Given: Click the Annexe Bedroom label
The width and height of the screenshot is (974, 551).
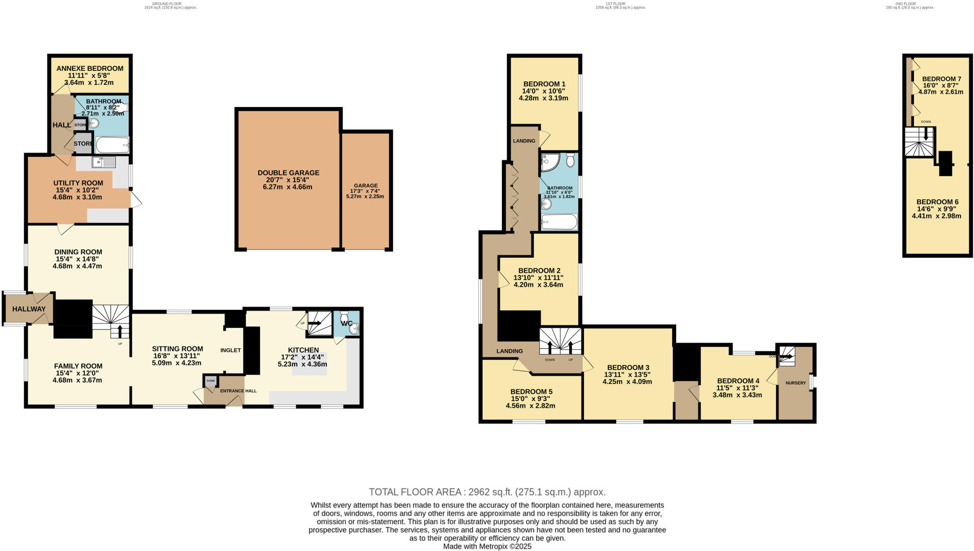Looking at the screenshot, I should (x=89, y=69).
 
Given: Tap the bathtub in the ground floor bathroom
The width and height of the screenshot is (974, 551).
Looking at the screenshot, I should (x=112, y=144).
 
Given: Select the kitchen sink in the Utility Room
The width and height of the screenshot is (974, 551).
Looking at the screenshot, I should (x=104, y=162).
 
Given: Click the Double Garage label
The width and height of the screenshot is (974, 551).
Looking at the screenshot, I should (x=288, y=173).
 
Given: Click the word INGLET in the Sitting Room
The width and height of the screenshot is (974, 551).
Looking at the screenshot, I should (x=231, y=350).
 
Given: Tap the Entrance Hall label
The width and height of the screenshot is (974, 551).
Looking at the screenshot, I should (x=238, y=391).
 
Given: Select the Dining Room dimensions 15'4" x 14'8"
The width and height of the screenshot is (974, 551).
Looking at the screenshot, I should (x=78, y=259).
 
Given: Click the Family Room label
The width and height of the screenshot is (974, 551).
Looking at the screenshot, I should (x=78, y=366).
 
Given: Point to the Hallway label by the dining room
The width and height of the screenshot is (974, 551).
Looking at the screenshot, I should (x=29, y=309).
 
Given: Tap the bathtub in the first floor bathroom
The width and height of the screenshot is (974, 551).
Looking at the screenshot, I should (x=559, y=222).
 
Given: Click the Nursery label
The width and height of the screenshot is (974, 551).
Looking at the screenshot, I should (x=796, y=383).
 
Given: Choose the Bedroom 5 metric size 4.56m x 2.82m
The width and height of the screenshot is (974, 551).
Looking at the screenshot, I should (x=530, y=406).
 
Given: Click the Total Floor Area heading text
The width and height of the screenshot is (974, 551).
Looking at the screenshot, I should (x=487, y=492).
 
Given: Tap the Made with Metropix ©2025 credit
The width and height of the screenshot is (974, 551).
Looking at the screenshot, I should (x=487, y=547).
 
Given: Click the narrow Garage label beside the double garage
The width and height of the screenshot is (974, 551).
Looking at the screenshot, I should (x=365, y=186).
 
